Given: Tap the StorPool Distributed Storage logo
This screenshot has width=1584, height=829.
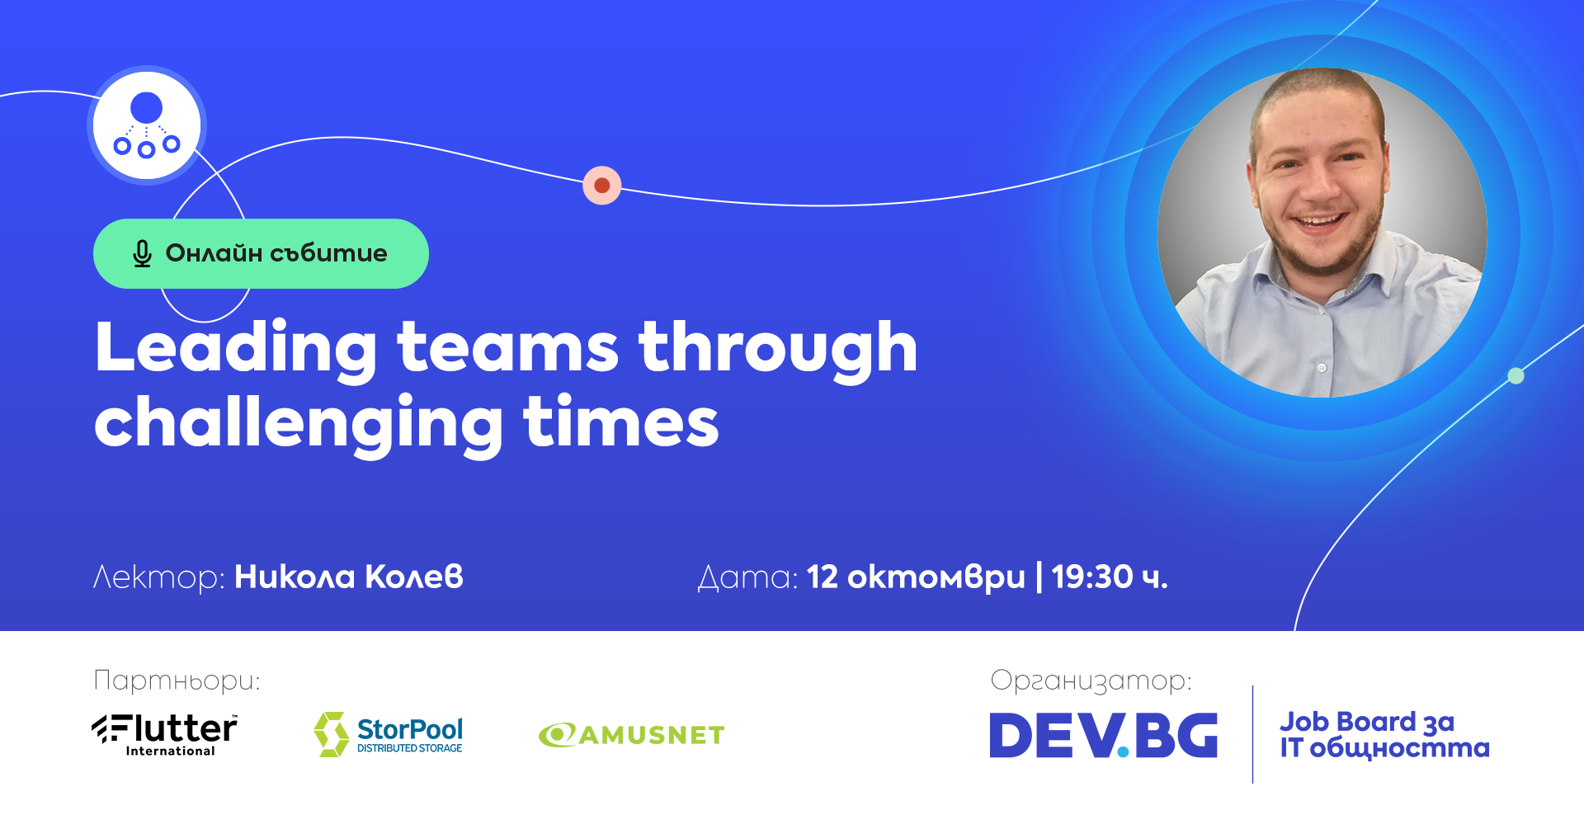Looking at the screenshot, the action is pyautogui.click(x=388, y=734).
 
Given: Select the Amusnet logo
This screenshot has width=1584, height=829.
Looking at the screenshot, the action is pyautogui.click(x=631, y=735).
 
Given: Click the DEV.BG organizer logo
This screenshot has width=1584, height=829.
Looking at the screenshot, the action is pyautogui.click(x=1104, y=735).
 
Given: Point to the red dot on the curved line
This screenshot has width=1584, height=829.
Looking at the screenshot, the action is pyautogui.click(x=602, y=186).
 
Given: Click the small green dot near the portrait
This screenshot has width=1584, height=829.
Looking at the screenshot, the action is pyautogui.click(x=1516, y=376).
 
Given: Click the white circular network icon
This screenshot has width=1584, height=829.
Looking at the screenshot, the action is pyautogui.click(x=147, y=125).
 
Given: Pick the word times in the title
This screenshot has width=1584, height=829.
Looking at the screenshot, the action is pyautogui.click(x=621, y=422).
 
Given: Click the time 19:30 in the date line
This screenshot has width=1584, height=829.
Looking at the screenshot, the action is pyautogui.click(x=1092, y=577).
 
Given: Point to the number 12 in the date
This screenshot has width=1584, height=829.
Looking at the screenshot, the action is pyautogui.click(x=823, y=577).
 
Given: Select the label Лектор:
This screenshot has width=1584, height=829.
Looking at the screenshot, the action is pyautogui.click(x=159, y=577).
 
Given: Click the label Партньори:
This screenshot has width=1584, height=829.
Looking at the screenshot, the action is pyautogui.click(x=177, y=681).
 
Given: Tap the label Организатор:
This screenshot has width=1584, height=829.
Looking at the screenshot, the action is pyautogui.click(x=1091, y=681).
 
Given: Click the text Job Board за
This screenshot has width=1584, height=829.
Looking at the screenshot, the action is pyautogui.click(x=1367, y=723).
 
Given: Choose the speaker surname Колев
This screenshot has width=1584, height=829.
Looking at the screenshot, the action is pyautogui.click(x=414, y=577).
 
